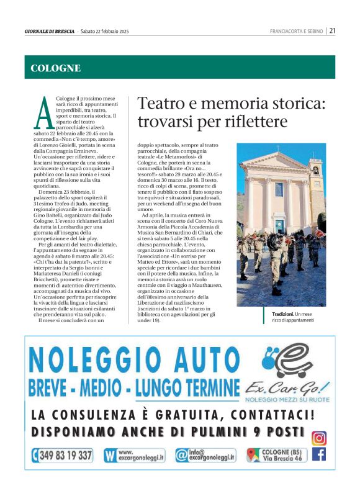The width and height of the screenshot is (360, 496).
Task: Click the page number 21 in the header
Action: [333, 30]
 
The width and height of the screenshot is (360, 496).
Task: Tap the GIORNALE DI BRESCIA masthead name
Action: [50, 31]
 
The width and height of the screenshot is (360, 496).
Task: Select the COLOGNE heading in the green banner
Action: [56, 68]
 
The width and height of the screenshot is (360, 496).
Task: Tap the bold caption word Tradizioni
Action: [283, 314]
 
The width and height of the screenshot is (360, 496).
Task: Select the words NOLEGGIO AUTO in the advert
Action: [132, 361]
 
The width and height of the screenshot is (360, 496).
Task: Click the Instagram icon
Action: [319, 437]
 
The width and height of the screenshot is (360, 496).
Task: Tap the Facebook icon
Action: [319, 454]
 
